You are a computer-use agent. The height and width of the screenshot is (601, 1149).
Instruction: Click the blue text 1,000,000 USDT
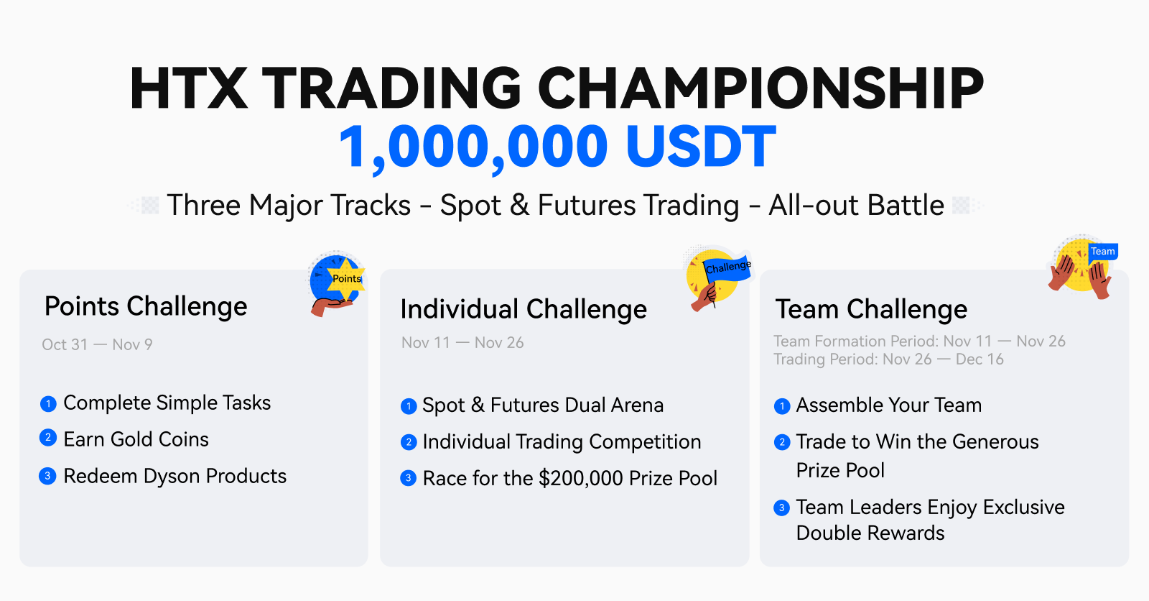(557, 147)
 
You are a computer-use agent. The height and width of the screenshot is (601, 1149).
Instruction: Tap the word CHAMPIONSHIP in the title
(760, 88)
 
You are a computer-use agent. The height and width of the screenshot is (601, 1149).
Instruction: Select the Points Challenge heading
(146, 307)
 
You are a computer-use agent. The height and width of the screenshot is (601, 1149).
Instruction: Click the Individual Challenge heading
(524, 310)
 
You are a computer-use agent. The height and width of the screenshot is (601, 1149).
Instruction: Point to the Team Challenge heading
(872, 310)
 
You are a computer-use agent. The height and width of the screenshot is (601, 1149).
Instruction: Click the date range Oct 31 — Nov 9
(98, 344)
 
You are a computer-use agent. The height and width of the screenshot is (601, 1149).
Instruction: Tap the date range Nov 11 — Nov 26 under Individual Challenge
(462, 343)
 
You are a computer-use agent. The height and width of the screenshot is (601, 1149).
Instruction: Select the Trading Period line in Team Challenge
(888, 359)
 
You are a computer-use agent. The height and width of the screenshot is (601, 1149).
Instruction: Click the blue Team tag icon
(1103, 252)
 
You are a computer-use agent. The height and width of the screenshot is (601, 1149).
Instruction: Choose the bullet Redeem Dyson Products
(175, 476)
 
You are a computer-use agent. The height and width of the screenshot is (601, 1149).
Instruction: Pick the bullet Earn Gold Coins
(136, 440)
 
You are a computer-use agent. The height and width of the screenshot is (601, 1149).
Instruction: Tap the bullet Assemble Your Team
(889, 405)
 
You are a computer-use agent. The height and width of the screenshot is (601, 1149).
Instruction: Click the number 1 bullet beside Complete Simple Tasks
(48, 404)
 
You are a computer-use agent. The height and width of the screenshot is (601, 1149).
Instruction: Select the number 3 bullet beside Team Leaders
(782, 508)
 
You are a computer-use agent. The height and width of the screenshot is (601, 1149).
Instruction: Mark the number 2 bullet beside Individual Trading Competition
(409, 442)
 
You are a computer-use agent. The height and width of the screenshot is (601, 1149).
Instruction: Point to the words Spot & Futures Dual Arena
(543, 405)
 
